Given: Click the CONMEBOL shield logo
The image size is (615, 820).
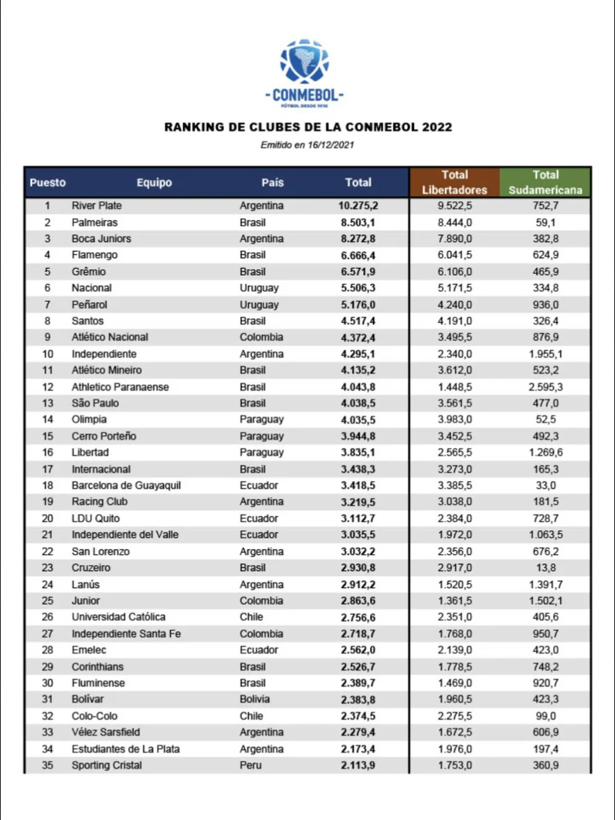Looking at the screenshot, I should point(304,61).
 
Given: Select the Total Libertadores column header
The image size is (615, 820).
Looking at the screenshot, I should point(454,182).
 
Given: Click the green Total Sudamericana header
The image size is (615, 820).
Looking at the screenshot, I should point(545,182).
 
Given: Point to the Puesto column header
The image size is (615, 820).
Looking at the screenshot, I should point(48,183).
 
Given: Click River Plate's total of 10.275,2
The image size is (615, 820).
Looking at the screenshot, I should point(358,206).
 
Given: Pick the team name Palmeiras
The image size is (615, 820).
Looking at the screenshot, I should point(94,223).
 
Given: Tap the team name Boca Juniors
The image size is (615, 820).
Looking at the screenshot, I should point(101,239).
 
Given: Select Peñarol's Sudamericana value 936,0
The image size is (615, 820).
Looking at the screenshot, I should point(545,305).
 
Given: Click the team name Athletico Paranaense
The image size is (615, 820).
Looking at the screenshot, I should point(120,387).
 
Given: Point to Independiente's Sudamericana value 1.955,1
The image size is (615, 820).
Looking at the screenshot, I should point(545,354).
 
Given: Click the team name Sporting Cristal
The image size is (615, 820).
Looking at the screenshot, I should point(106,765).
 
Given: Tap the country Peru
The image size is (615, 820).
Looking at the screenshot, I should point(250,765).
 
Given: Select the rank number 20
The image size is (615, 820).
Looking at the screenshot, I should point(47,519).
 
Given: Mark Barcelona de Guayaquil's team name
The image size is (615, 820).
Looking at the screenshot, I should point(126,485).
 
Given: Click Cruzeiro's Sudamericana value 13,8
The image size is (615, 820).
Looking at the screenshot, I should point(545,568).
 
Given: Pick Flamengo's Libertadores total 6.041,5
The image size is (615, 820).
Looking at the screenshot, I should point(454,255).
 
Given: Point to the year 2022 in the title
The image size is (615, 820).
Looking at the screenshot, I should point(437,127).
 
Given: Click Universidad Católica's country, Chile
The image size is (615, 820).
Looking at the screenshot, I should point(251,617).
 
